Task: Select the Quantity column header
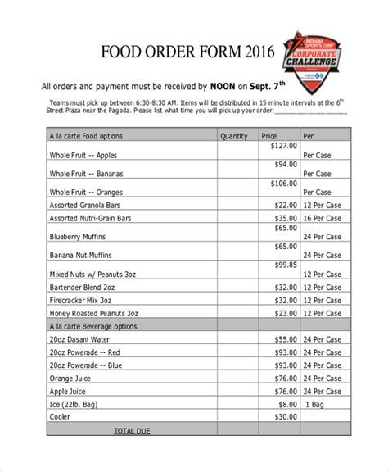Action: click(233, 136)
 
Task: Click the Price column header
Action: click(269, 136)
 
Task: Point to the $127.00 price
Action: click(283, 146)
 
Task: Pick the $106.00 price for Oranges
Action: click(283, 184)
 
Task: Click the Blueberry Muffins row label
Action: click(79, 238)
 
